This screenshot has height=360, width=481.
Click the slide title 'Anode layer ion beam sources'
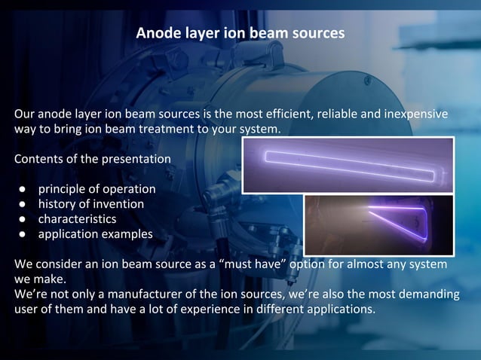click(240, 34)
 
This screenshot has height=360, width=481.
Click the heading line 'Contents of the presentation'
click(92, 159)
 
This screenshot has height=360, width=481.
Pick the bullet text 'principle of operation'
click(97, 189)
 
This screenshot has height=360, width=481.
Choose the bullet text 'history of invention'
click(90, 204)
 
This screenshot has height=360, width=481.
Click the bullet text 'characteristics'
click(77, 219)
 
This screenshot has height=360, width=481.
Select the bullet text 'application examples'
click(95, 234)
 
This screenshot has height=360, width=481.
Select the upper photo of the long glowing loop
click(348, 165)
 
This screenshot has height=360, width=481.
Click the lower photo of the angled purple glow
click(378, 224)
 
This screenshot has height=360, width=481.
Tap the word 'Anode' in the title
click(155, 34)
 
